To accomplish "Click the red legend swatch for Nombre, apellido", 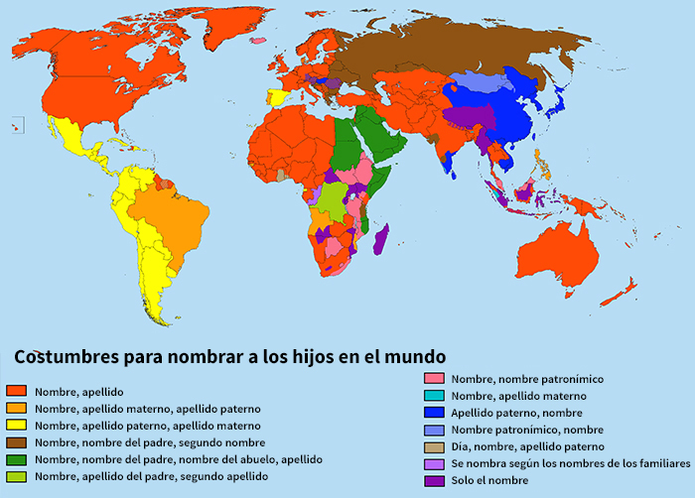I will point(15,392).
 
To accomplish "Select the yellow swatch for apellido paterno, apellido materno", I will point(15,426).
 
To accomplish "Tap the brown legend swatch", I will point(15,442).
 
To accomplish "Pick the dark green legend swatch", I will point(15,459).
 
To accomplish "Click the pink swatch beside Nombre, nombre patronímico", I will point(433,379).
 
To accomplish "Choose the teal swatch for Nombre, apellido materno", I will point(433,396).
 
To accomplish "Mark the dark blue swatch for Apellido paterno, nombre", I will point(433,413).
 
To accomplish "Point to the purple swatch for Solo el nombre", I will point(433,481).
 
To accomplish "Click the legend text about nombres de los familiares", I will point(570,464).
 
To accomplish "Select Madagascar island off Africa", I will point(380,242).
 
